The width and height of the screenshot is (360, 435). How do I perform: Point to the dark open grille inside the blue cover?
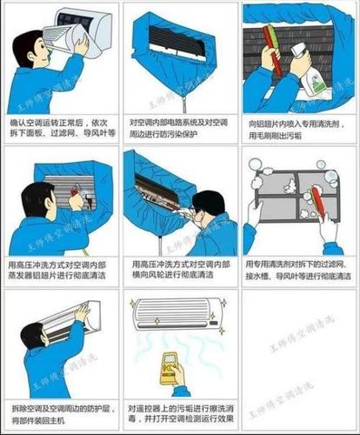pos(177,37)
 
